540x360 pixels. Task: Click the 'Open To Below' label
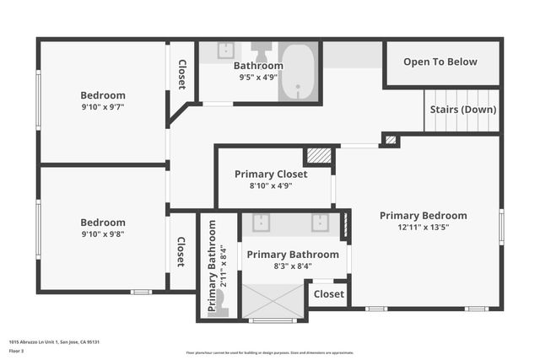pos(440,62)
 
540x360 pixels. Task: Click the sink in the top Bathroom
pos(226,50)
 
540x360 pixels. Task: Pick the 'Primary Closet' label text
pos(270,174)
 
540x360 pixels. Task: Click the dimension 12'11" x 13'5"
pos(423,227)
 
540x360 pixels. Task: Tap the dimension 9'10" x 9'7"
pos(103,107)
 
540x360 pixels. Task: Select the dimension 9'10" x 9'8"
pos(103,234)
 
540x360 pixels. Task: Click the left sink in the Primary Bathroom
pos(261,223)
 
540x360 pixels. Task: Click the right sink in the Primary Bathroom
pos(321,223)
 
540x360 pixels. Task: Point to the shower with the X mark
pos(273,300)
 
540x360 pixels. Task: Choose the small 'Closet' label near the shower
pos(328,294)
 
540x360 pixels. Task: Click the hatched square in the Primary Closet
pos(317,156)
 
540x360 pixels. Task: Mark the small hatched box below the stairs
pos(390,139)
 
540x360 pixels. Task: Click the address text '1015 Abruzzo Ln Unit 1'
pos(35,342)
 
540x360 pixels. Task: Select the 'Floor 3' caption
pos(16,351)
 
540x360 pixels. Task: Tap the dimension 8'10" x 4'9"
pos(270,185)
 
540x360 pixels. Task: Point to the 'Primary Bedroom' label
pos(423,215)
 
